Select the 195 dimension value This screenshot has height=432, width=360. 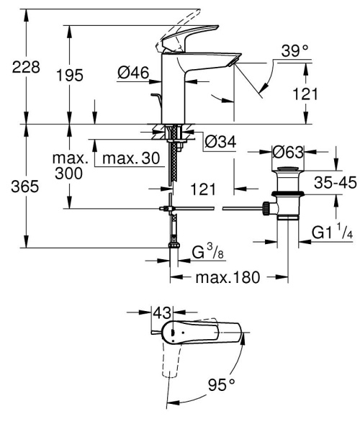[x=69, y=75]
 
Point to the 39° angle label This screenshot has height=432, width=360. [x=294, y=51]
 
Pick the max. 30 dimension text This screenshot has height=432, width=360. [x=130, y=158]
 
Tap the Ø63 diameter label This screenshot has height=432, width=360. [x=287, y=153]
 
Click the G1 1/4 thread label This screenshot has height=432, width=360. [x=332, y=233]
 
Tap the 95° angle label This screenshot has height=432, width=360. [x=222, y=386]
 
